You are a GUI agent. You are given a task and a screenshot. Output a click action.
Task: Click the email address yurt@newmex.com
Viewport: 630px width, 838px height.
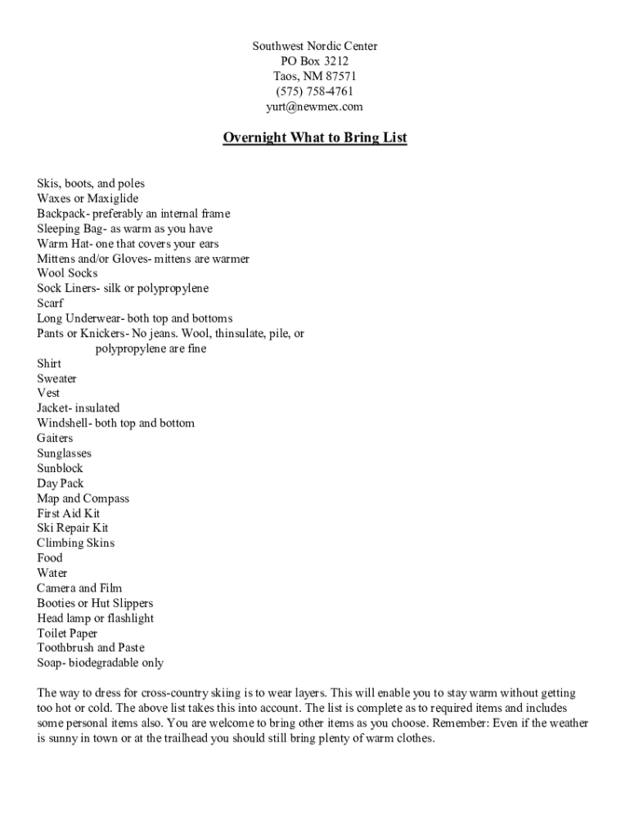pos(314,106)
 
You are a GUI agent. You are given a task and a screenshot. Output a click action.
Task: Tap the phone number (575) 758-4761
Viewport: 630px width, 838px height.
pos(314,92)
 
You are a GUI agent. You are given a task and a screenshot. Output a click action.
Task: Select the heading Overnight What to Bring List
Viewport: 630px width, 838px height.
pos(314,137)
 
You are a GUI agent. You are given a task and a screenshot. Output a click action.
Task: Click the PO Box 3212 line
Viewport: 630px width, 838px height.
pos(314,61)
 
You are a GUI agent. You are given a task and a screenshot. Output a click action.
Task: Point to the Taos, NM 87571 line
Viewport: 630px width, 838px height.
pos(314,76)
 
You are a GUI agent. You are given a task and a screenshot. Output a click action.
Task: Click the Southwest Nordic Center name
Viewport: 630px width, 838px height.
pos(314,47)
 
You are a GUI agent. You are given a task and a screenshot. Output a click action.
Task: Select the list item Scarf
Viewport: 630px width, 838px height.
pos(50,303)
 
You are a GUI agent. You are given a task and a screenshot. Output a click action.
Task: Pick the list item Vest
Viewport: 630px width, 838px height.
pos(48,393)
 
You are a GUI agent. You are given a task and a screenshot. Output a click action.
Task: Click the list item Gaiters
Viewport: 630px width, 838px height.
pos(55,438)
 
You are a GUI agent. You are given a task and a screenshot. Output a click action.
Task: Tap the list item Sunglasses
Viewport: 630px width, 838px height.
pos(64,453)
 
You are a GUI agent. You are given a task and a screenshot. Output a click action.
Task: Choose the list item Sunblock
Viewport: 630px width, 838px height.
pos(60,468)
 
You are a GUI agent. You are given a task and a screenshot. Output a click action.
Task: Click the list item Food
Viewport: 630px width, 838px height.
pos(49,558)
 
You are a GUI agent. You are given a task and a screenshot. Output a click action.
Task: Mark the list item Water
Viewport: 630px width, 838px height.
pos(52,573)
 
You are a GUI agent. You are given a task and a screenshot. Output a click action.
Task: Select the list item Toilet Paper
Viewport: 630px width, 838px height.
pos(67,633)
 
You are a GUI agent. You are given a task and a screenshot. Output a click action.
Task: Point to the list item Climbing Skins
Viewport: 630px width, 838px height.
pos(75,543)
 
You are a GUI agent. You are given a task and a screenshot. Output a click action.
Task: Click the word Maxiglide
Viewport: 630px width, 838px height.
pos(110,199)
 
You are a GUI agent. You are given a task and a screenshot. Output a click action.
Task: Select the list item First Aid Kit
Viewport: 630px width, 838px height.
pos(68,513)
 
